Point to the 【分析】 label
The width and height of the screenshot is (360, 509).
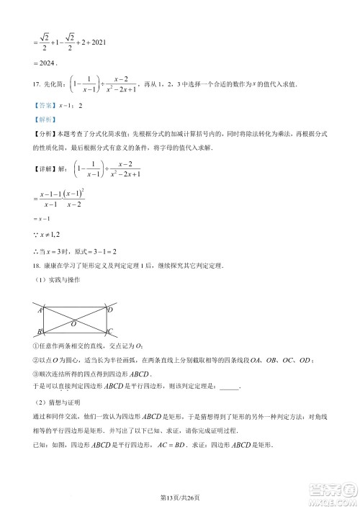42,135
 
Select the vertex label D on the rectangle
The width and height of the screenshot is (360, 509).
109,309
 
